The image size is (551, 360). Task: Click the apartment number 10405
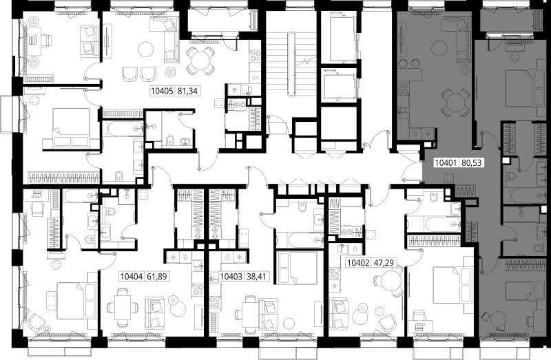(162, 92)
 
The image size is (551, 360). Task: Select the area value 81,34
(188, 92)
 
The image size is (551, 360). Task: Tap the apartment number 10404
(132, 277)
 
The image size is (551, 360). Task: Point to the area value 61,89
(157, 277)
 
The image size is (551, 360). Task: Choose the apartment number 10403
(231, 277)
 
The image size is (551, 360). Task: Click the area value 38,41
(256, 277)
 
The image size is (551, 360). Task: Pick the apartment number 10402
(358, 263)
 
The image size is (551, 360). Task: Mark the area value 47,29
(384, 263)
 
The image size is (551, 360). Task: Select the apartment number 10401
(446, 163)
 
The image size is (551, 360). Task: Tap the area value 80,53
(471, 163)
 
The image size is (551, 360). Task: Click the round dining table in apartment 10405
(200, 61)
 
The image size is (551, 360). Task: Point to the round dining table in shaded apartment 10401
(455, 102)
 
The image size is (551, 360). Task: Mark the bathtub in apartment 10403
(300, 240)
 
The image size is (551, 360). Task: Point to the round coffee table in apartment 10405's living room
(145, 49)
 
